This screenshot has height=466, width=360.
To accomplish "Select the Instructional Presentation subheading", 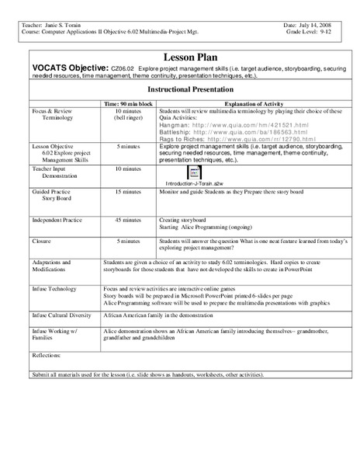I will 181,90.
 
